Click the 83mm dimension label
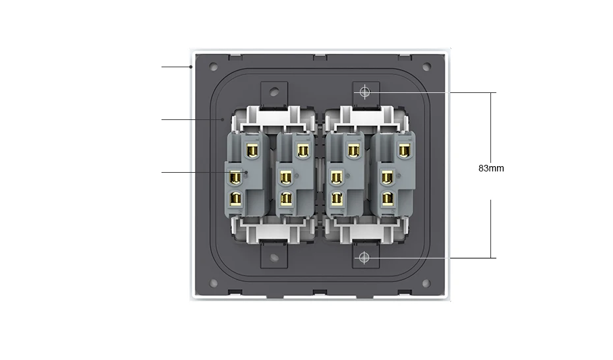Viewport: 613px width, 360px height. [x=491, y=168]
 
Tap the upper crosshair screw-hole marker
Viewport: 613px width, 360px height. [x=365, y=92]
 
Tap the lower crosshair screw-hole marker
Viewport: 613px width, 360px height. [x=365, y=257]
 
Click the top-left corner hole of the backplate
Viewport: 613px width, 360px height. [x=215, y=67]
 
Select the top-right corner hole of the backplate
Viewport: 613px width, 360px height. [x=426, y=67]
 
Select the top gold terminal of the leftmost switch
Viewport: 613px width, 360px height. [x=250, y=151]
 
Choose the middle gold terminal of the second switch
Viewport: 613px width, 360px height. [x=286, y=177]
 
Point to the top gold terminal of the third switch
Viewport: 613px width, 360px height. [x=353, y=151]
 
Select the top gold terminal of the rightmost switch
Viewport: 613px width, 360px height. [x=403, y=151]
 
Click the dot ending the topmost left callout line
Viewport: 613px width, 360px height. [x=190, y=67]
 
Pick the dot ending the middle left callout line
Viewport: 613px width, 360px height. [x=223, y=119]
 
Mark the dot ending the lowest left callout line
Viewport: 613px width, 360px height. [x=245, y=173]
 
